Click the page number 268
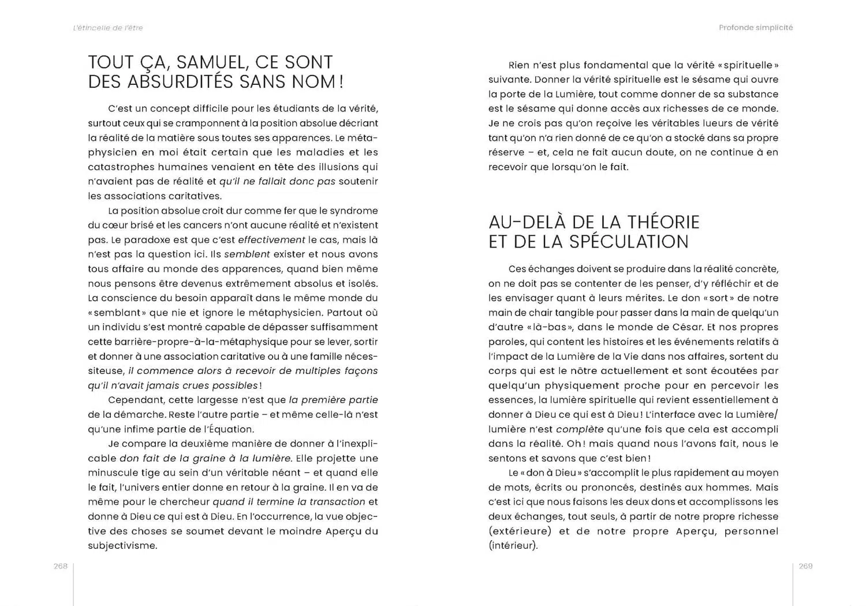[61, 566]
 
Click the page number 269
[805, 566]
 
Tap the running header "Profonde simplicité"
[756, 28]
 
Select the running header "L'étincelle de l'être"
[108, 28]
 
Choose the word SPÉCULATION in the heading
[629, 241]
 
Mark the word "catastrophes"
[121, 167]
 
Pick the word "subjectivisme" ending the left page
[122, 545]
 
